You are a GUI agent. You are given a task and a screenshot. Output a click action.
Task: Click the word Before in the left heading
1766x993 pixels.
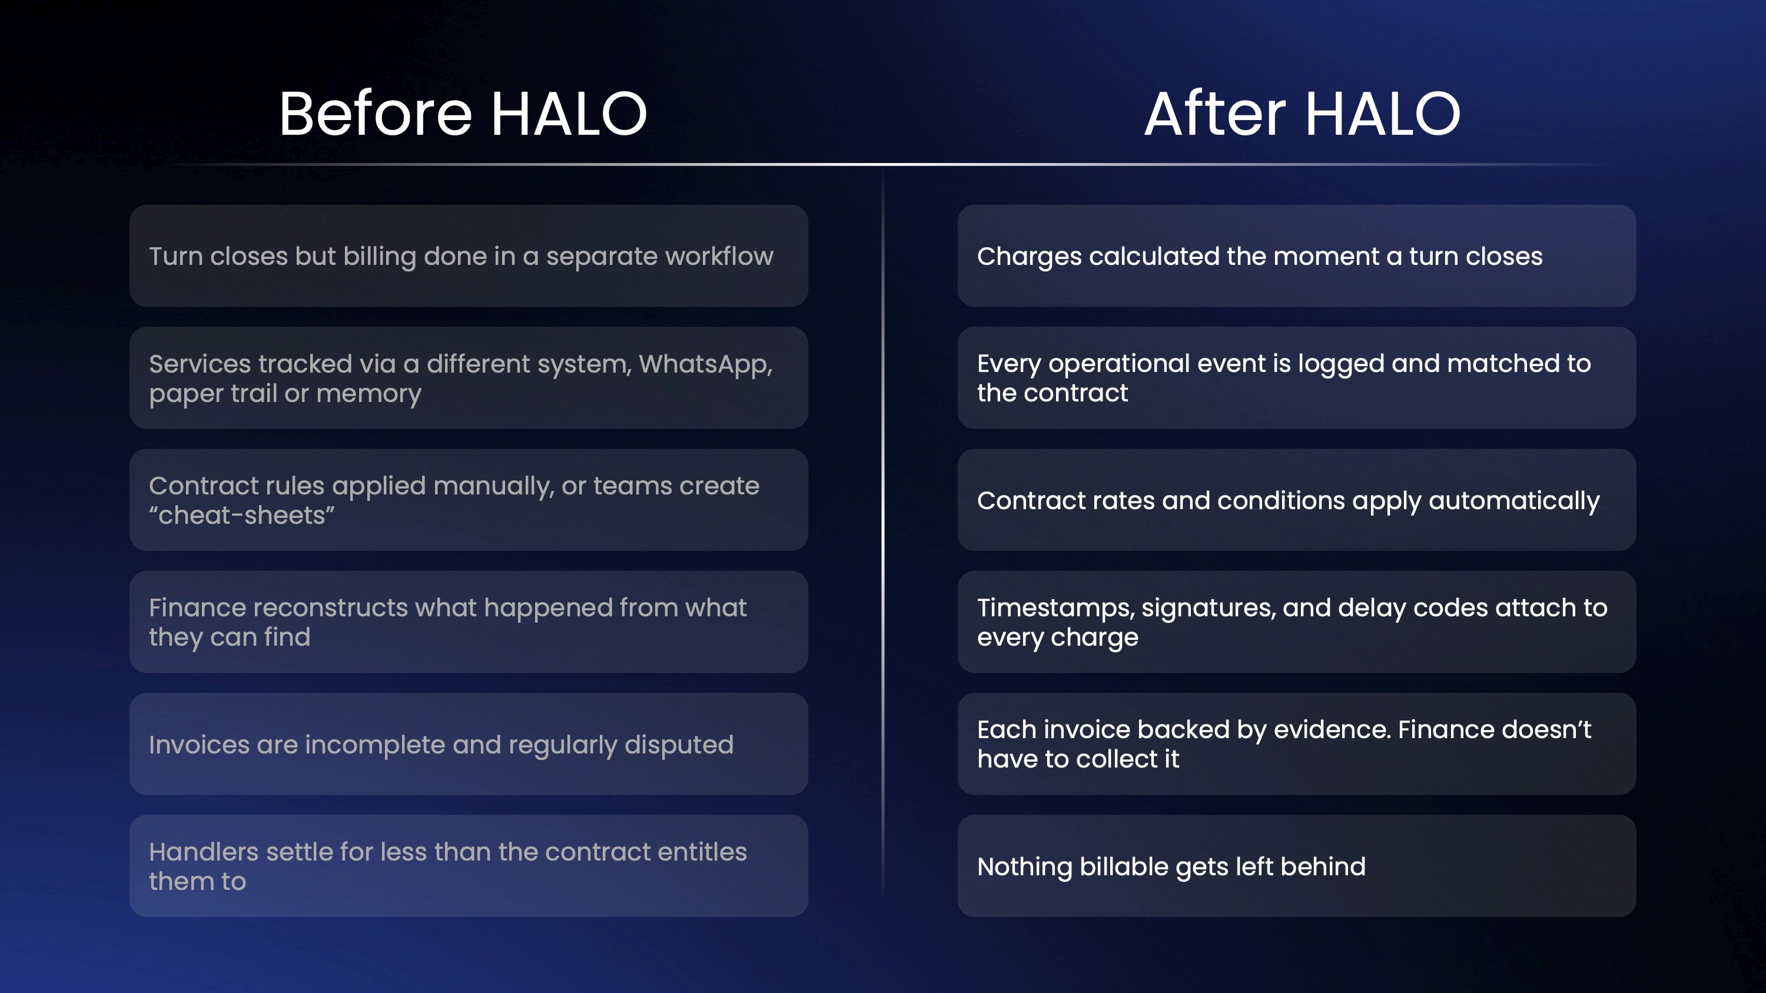click(x=376, y=113)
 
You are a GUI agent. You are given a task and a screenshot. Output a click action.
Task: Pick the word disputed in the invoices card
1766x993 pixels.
click(x=679, y=745)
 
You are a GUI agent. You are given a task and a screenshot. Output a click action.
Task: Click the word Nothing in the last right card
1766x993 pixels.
click(x=1024, y=868)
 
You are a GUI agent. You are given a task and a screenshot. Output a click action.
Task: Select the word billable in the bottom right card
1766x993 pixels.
click(x=1124, y=867)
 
